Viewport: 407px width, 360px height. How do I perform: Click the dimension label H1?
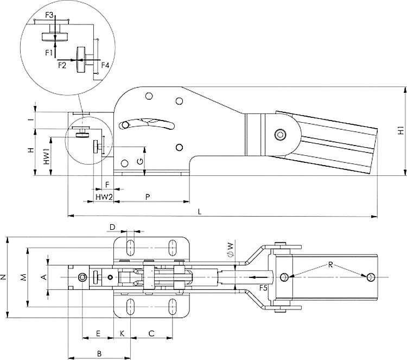coord(400,131)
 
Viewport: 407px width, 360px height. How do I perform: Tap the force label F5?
coord(263,287)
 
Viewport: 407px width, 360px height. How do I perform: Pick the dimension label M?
coord(23,277)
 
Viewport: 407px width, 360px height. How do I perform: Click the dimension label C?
coord(152,332)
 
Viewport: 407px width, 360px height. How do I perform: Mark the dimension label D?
coord(112,226)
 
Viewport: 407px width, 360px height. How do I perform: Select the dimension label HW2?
coord(104,196)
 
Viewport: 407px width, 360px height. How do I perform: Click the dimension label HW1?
coord(47,157)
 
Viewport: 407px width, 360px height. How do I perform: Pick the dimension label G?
coord(139,161)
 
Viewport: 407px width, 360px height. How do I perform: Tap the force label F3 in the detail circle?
coord(49,15)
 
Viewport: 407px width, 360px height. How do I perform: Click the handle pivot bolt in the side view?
coord(280,134)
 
